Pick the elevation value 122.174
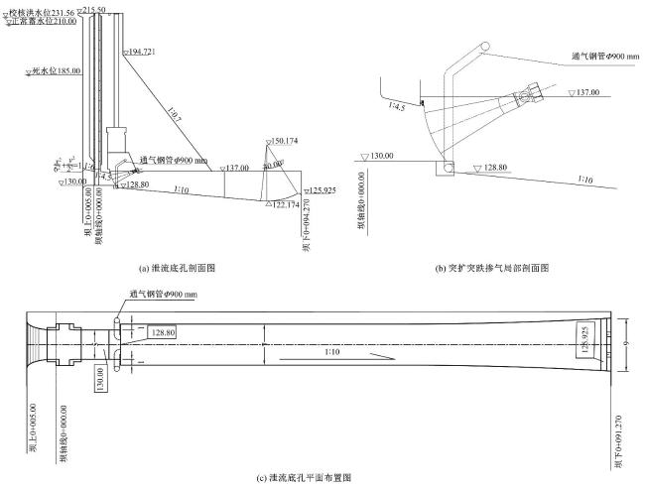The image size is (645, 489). [x=289, y=203]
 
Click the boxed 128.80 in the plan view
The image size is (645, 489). [x=163, y=333]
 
